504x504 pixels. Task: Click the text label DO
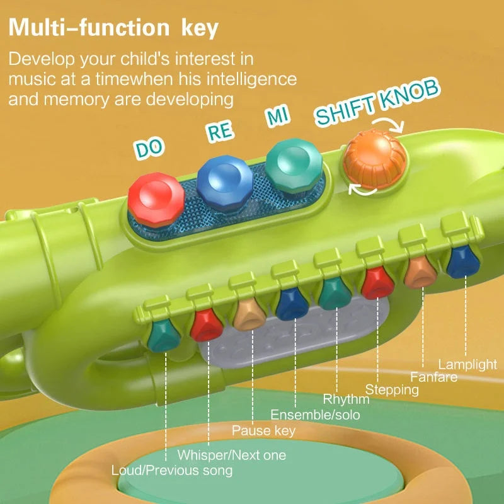pyautogui.click(x=149, y=147)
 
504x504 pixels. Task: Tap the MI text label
pyautogui.click(x=277, y=116)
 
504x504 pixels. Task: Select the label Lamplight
pyautogui.click(x=467, y=364)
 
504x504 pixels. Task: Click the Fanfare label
pyautogui.click(x=433, y=377)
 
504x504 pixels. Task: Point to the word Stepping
pyautogui.click(x=392, y=390)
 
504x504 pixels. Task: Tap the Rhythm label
pyautogui.click(x=346, y=399)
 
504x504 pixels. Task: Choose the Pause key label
pyautogui.click(x=263, y=431)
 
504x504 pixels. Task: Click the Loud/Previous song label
pyautogui.click(x=172, y=471)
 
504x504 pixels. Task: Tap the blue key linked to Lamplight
pyautogui.click(x=461, y=261)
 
